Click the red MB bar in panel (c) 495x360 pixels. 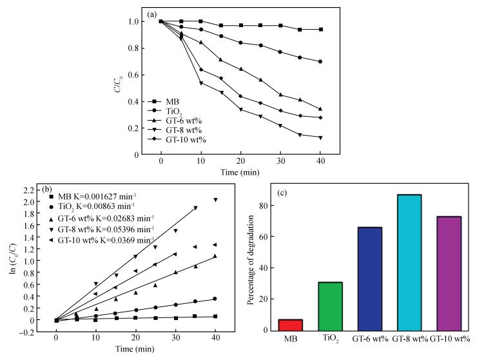click(289, 325)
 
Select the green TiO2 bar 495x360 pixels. click(331, 306)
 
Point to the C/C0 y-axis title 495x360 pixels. click(118, 84)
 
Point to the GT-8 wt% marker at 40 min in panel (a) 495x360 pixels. click(320, 137)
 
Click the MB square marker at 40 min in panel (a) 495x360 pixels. click(320, 29)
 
